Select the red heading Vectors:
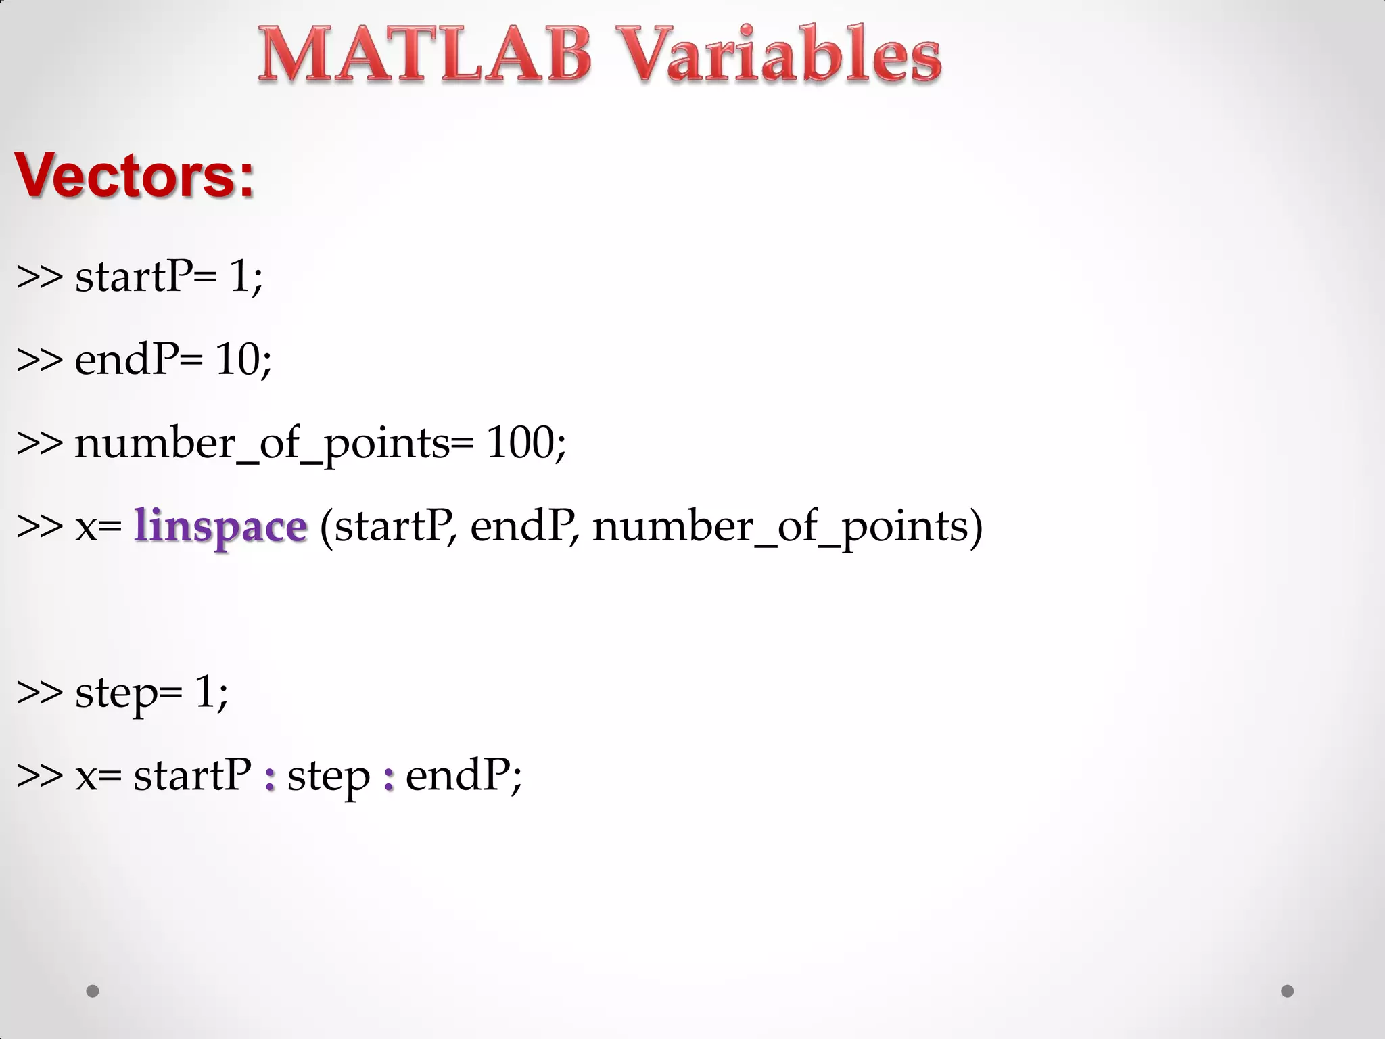(135, 175)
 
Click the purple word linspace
(220, 526)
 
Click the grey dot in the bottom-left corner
(93, 991)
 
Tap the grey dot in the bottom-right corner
(1288, 991)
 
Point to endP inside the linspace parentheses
(522, 526)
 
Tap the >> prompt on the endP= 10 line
(39, 360)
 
